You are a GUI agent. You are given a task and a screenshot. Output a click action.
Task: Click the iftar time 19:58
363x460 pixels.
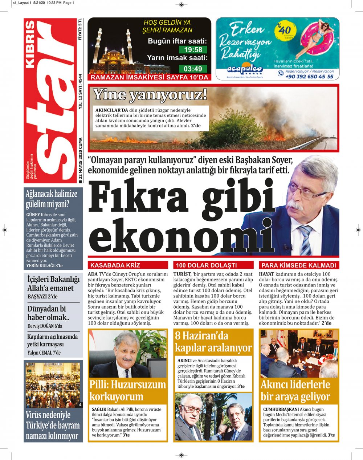pos(193,50)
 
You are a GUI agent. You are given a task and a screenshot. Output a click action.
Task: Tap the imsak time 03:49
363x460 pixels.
pos(193,69)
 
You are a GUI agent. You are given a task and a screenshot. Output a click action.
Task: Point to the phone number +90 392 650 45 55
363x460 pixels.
pos(309,77)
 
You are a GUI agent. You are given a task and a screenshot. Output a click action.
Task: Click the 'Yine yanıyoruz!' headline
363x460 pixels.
pos(150,95)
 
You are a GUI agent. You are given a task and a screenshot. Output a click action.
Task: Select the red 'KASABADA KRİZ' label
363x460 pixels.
pos(115,265)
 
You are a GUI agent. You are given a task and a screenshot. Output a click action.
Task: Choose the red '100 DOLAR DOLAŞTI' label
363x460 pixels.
pos(206,265)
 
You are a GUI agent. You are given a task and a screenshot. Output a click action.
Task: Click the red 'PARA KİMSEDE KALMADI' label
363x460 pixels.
pos(298,265)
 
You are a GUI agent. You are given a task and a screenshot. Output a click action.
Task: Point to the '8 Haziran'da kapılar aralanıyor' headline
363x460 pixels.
pos(213,342)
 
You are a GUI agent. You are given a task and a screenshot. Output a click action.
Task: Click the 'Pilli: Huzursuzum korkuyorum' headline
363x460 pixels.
pos(128,390)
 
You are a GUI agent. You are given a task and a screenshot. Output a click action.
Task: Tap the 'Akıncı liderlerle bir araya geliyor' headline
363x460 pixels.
pos(295,390)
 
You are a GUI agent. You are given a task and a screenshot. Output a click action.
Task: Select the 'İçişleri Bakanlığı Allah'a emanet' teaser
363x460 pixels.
pos(53,284)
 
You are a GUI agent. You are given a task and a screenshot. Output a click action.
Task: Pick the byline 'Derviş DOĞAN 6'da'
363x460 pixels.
pos(45,326)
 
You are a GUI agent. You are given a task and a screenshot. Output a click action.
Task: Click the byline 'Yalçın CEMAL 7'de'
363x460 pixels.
pos(44,353)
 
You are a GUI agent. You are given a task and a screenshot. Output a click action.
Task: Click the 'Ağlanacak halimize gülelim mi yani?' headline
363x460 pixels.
pos(52,199)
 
